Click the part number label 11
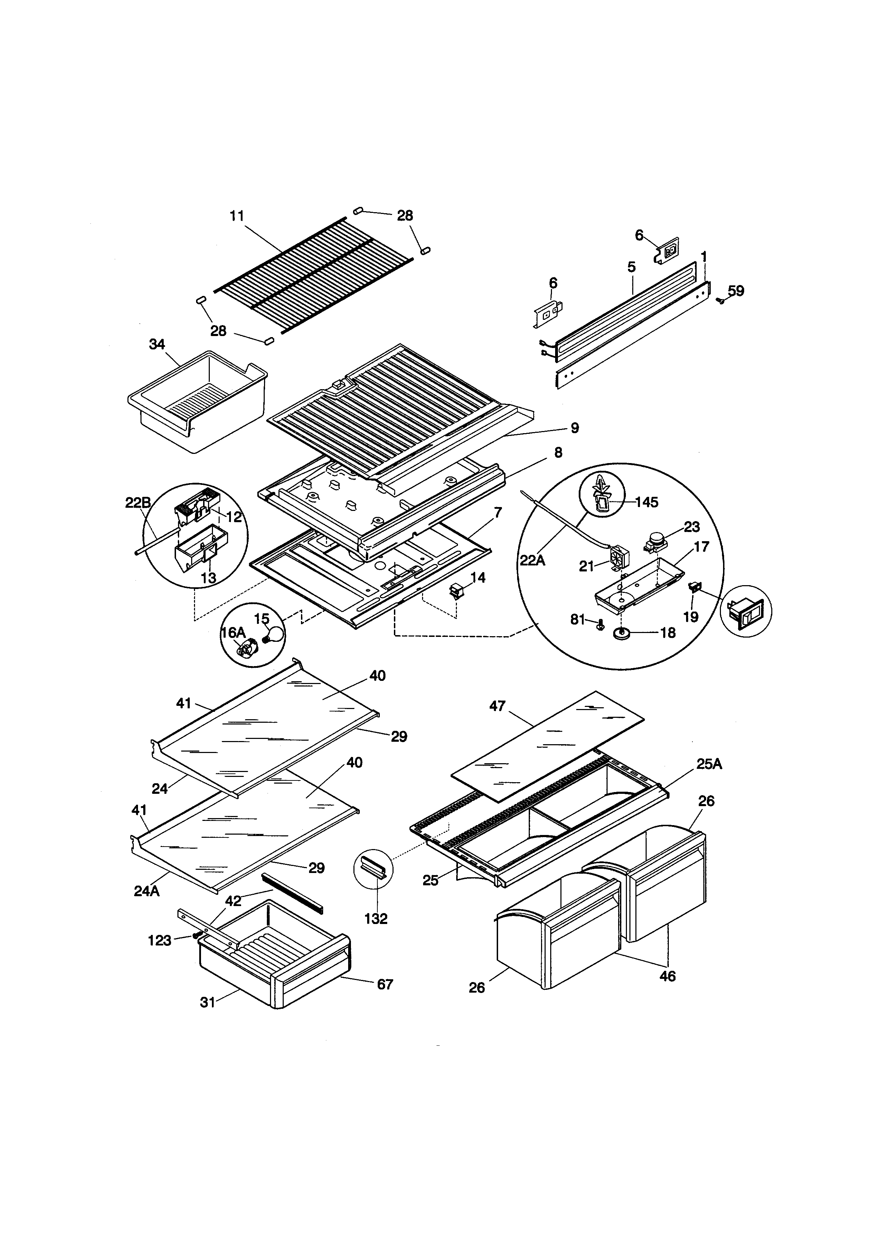click(x=237, y=216)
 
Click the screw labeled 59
click(x=720, y=302)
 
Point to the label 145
click(x=646, y=502)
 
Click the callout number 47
click(x=497, y=706)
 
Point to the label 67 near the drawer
click(x=385, y=984)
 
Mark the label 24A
click(x=147, y=891)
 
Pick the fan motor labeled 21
click(x=619, y=559)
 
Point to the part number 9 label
click(x=574, y=428)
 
